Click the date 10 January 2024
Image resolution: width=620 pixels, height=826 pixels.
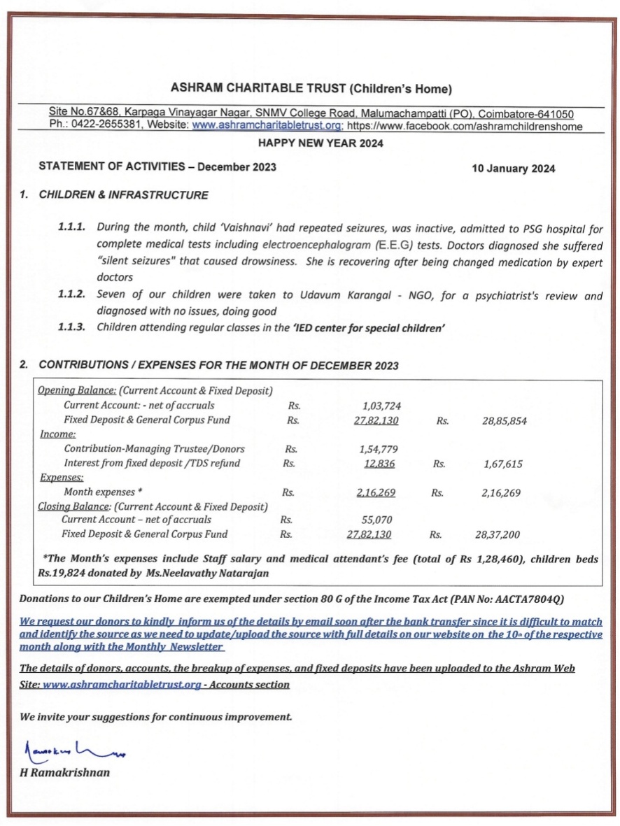point(514,169)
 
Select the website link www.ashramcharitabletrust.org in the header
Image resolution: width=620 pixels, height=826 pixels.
point(267,126)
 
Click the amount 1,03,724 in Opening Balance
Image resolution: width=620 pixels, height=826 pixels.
point(381,406)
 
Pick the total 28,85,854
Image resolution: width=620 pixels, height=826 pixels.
point(504,421)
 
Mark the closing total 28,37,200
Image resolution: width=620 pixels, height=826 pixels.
point(497,535)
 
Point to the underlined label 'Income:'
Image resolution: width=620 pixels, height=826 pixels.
point(57,434)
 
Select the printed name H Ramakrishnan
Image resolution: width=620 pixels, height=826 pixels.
point(64,773)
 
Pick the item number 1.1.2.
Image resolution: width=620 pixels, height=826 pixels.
point(72,296)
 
